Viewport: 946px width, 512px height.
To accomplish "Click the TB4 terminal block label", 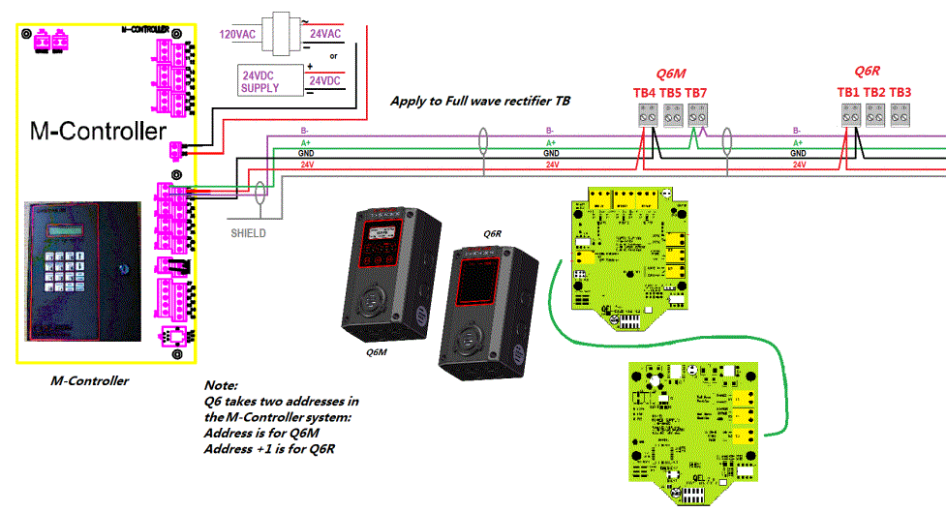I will point(644,93).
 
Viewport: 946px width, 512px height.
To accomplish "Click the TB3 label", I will point(900,93).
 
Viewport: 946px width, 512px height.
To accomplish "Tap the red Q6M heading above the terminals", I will point(671,74).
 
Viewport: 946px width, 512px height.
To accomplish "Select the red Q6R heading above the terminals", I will point(867,72).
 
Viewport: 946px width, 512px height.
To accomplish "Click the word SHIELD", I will point(248,233).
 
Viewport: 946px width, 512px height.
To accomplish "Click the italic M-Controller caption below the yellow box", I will point(89,380).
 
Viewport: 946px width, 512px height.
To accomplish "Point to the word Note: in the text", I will point(221,385).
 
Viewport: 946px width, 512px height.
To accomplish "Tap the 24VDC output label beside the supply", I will point(323,81).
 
